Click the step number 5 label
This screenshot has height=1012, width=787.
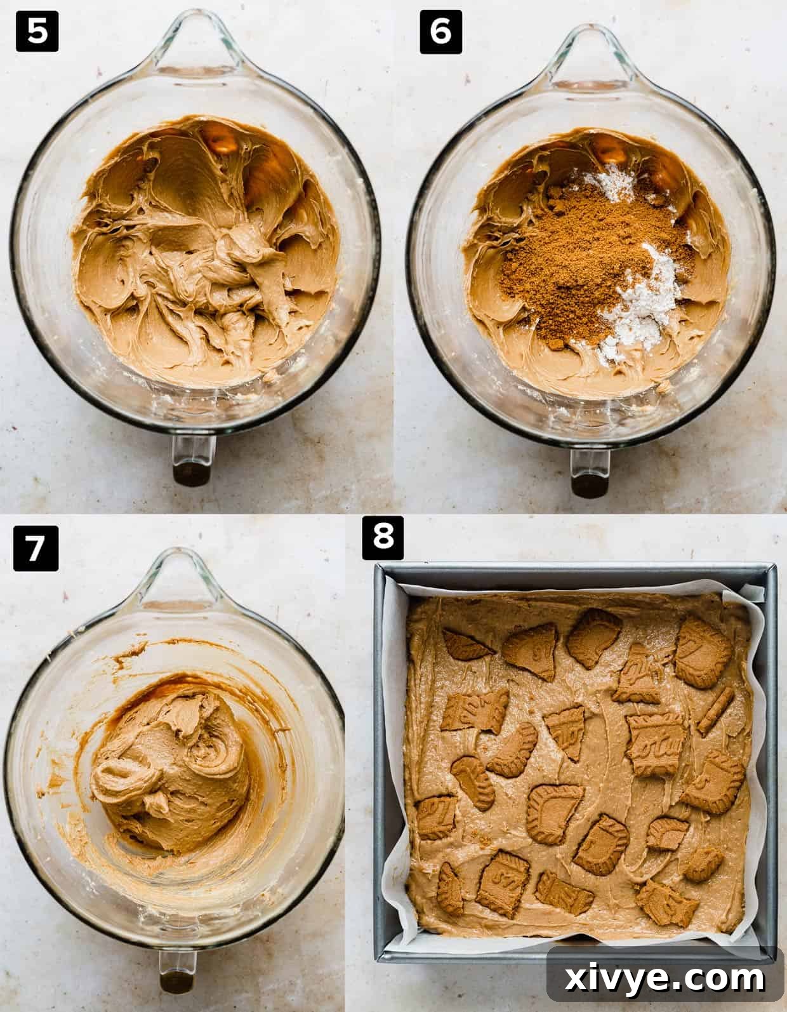point(37,32)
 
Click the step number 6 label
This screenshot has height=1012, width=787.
point(440,32)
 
